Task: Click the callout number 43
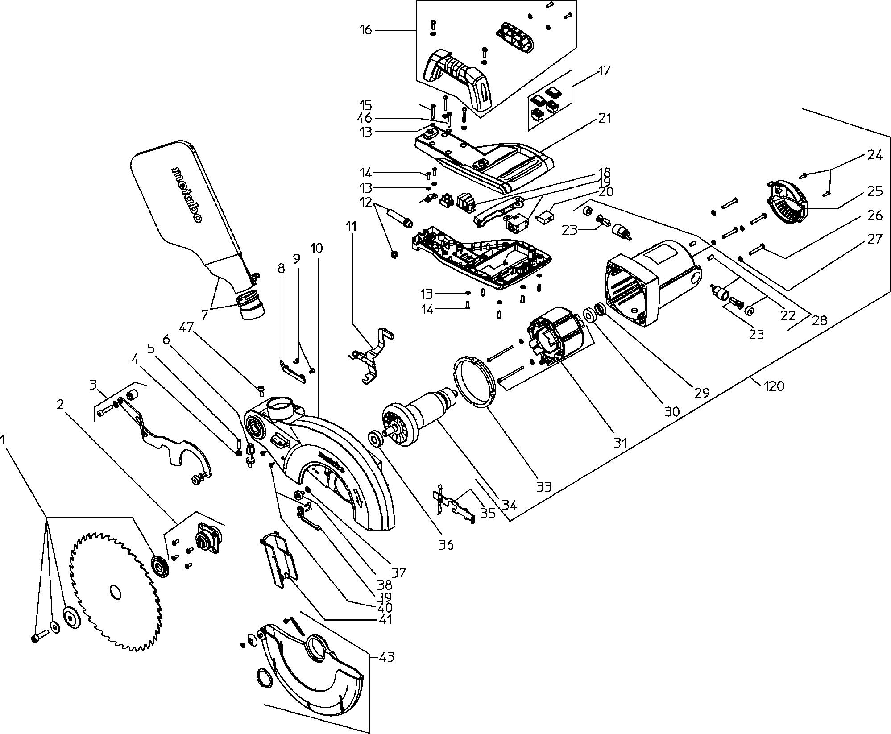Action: (386, 657)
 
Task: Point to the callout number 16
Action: (365, 30)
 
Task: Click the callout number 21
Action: (605, 118)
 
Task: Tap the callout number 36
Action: (446, 545)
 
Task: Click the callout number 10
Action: (316, 249)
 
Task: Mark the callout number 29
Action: (702, 393)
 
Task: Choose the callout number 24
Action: (874, 155)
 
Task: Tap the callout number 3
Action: (92, 384)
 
